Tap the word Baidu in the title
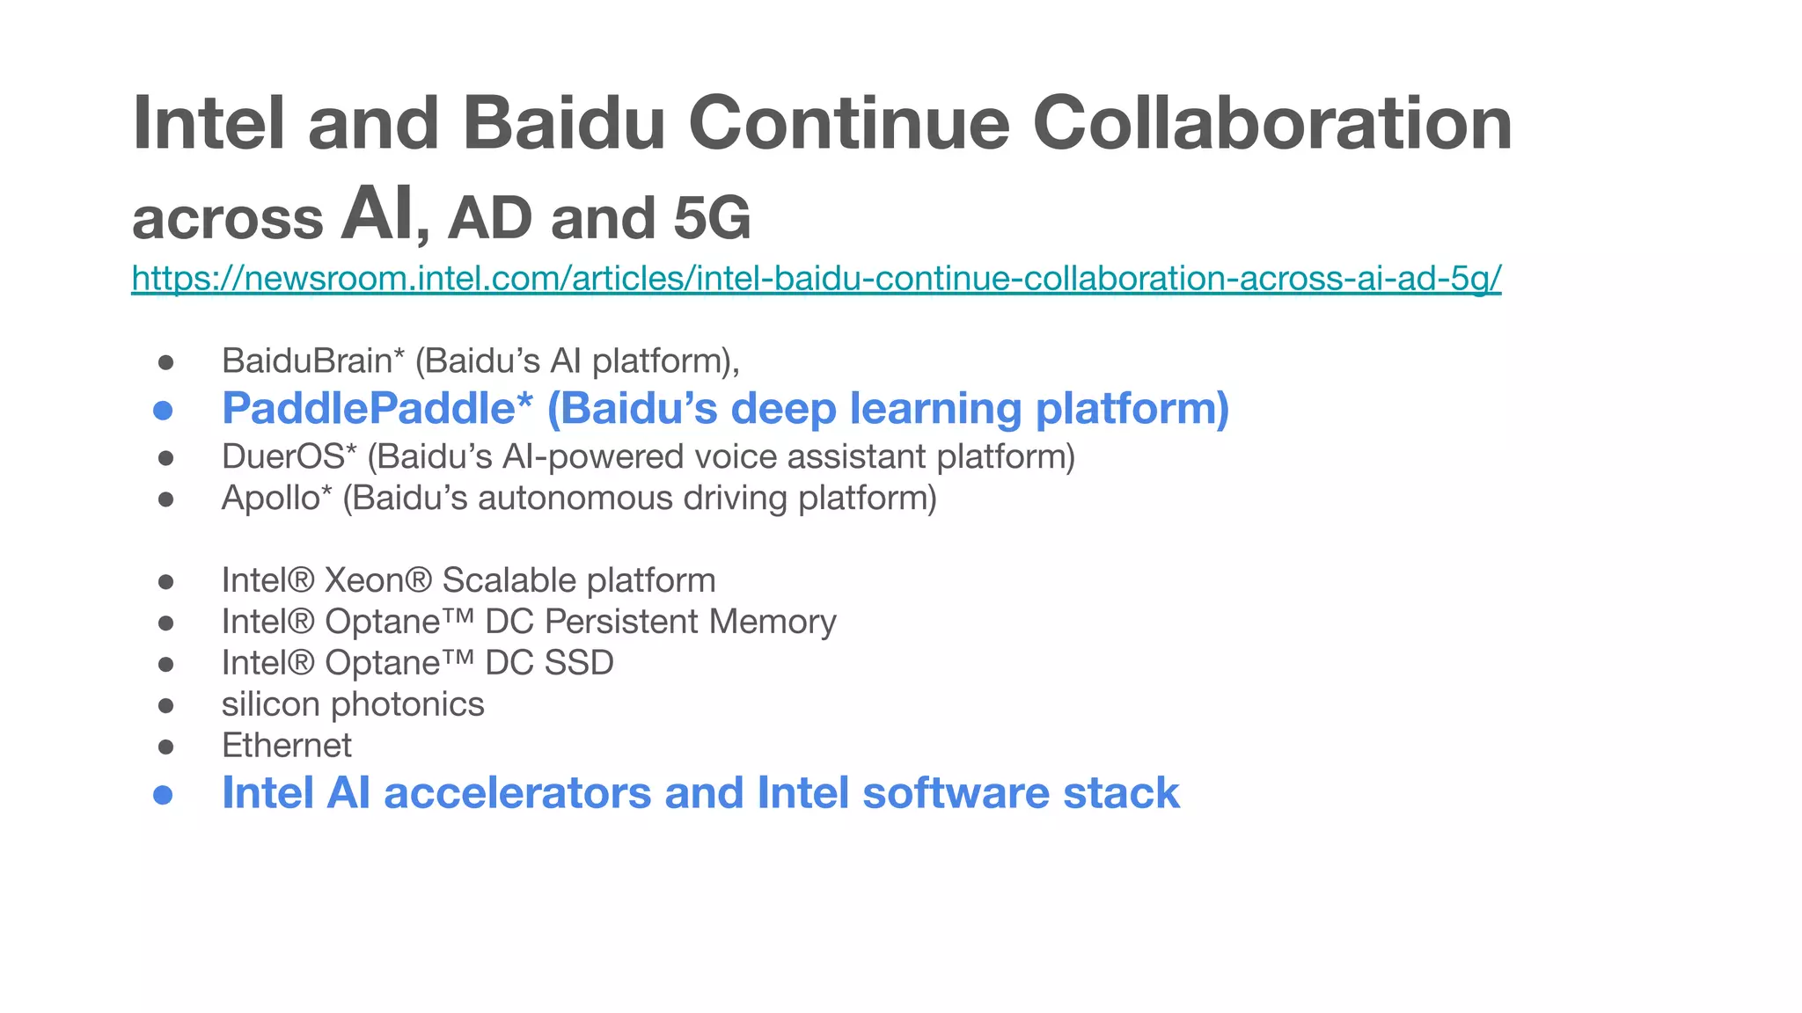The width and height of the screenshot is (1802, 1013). click(563, 123)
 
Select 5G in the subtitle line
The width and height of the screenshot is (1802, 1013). click(712, 218)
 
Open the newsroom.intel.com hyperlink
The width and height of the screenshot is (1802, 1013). click(816, 278)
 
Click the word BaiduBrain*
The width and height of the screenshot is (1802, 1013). click(312, 361)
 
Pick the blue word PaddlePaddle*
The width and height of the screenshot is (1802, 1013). click(377, 408)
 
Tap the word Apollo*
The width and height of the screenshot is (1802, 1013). click(276, 498)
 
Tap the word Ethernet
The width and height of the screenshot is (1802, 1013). click(286, 746)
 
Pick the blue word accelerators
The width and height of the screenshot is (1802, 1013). click(517, 793)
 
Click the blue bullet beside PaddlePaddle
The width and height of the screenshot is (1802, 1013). click(163, 410)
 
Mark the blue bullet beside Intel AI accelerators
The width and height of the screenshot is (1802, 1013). click(163, 795)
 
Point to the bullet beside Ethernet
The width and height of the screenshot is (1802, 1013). click(165, 747)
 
